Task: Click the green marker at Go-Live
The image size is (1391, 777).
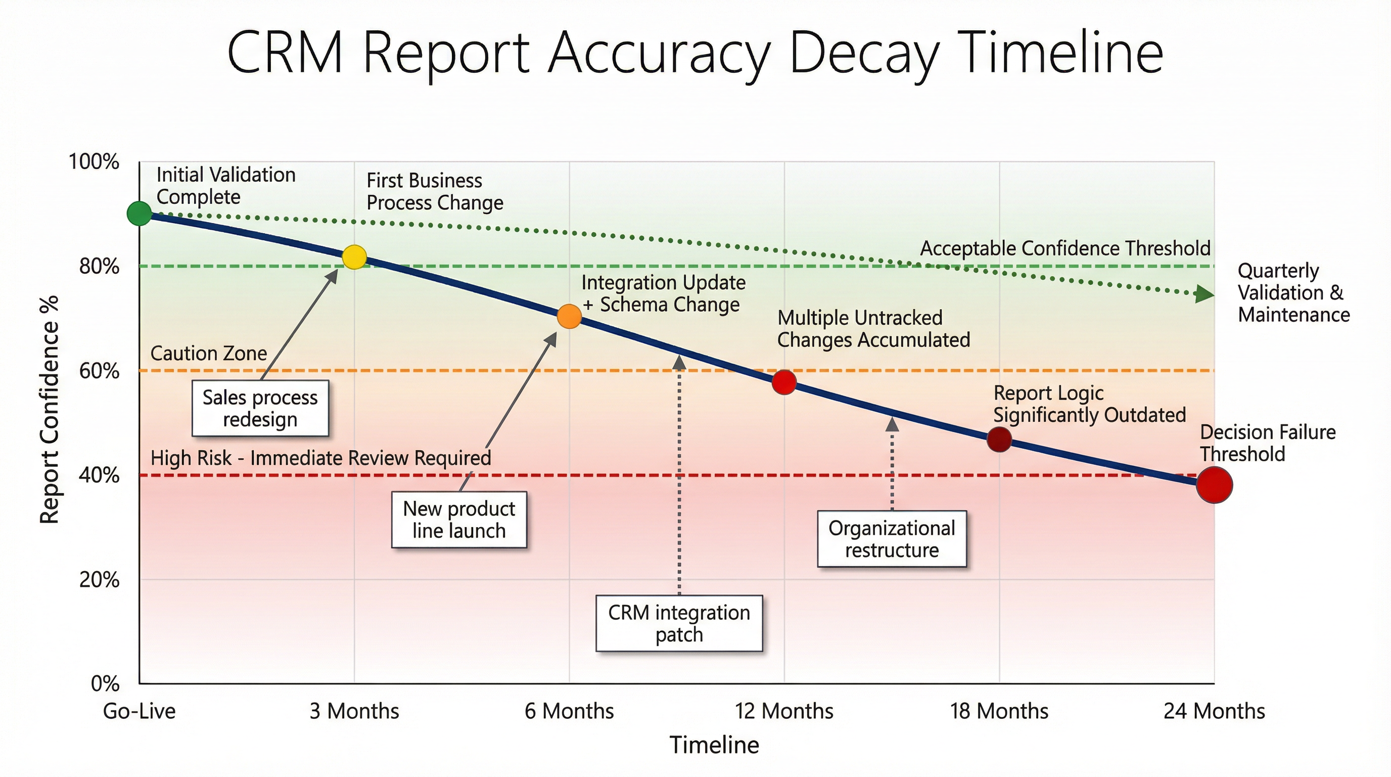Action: tap(140, 213)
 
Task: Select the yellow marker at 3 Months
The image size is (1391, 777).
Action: tap(354, 257)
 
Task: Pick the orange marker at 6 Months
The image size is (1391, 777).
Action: tap(569, 316)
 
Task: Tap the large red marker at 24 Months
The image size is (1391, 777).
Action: tap(1214, 485)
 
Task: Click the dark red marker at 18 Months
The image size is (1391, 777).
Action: tap(999, 439)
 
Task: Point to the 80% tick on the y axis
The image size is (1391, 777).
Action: tap(100, 267)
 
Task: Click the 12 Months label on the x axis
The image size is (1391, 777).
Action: tap(783, 711)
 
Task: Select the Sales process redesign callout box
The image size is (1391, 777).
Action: tap(260, 409)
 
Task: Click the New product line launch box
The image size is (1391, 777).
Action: tap(459, 520)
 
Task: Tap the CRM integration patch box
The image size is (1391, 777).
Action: tap(679, 624)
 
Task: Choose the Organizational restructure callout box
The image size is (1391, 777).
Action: tap(892, 539)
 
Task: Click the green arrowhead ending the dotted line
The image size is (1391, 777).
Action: tap(1204, 294)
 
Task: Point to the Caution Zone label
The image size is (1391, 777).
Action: tap(208, 354)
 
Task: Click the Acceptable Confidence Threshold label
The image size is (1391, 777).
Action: tap(1065, 248)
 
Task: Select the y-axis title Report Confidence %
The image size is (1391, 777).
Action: tap(50, 410)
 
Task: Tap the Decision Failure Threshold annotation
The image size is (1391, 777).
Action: tap(1267, 443)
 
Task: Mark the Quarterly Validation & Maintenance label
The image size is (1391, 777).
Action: tap(1293, 292)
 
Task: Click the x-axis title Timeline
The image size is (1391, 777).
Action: tap(714, 745)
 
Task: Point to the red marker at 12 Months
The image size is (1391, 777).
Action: tap(783, 382)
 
